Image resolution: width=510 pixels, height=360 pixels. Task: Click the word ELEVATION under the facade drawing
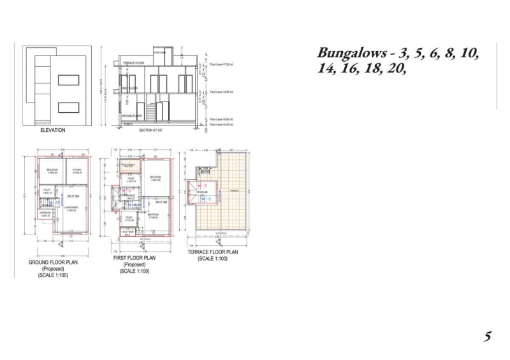click(x=53, y=130)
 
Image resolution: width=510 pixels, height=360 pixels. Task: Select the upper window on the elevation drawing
click(x=68, y=80)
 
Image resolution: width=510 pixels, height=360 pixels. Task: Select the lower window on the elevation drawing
click(x=68, y=106)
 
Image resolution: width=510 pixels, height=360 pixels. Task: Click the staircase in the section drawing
click(x=151, y=113)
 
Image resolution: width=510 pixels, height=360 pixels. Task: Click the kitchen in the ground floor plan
click(x=78, y=171)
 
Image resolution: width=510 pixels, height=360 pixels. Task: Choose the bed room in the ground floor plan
click(x=52, y=171)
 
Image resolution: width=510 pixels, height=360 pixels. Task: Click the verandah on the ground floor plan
click(x=45, y=215)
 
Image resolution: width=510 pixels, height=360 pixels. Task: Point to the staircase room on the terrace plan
click(x=202, y=189)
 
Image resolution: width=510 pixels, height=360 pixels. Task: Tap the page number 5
click(x=487, y=337)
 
